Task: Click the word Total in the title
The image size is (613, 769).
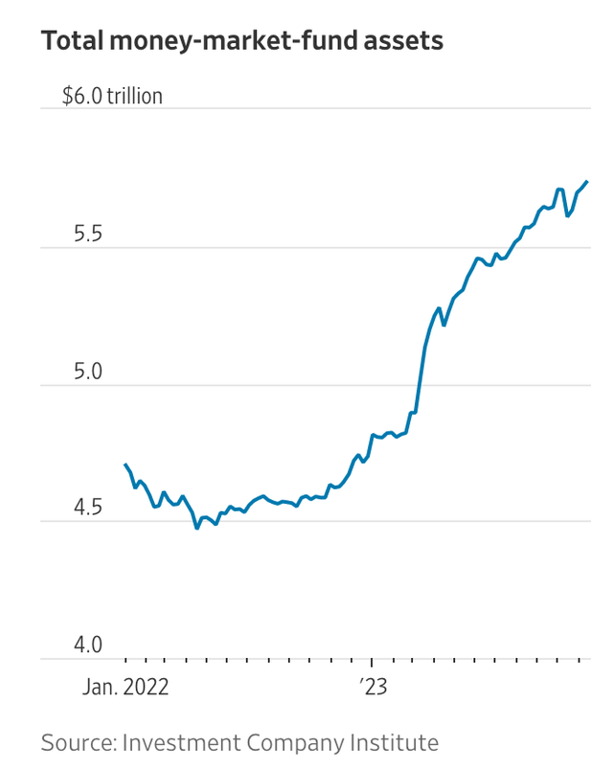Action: [x=73, y=41]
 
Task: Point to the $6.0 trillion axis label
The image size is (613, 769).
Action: [x=112, y=97]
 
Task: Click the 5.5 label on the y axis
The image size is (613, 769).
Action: [x=87, y=235]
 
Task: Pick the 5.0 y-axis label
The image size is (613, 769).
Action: [x=87, y=372]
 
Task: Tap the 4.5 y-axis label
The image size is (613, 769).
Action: [x=87, y=509]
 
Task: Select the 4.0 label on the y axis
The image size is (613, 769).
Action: [x=87, y=645]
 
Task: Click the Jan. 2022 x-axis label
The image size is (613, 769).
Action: [x=125, y=687]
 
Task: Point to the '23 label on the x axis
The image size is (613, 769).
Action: [x=374, y=687]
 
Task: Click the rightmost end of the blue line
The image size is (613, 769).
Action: [x=587, y=181]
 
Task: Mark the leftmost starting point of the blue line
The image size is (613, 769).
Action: [x=125, y=464]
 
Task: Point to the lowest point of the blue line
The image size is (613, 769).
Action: [x=197, y=528]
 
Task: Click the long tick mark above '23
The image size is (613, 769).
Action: [x=373, y=665]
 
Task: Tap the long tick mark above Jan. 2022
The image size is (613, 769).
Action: [x=125, y=665]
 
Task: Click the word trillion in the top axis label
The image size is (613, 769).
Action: [x=134, y=97]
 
